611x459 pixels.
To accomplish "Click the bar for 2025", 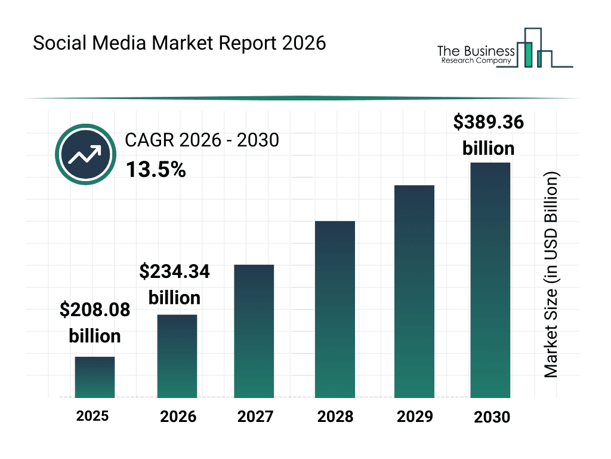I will (x=95, y=377).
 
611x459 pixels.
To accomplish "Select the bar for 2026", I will (x=177, y=356).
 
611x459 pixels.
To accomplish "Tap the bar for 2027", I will (x=254, y=331).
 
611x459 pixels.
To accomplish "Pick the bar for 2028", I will (x=335, y=310).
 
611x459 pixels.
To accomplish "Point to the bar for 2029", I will (x=414, y=292).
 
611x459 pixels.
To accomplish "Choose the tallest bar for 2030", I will (x=490, y=280).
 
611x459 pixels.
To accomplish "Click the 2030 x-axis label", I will (x=492, y=417).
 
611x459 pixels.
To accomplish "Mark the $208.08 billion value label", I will (x=95, y=323).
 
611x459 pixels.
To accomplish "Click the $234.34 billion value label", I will (x=174, y=284).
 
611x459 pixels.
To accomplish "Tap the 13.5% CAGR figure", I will (x=156, y=170).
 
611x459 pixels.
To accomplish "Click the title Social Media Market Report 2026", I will (x=180, y=44).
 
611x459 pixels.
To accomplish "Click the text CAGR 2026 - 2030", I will (x=202, y=140).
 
